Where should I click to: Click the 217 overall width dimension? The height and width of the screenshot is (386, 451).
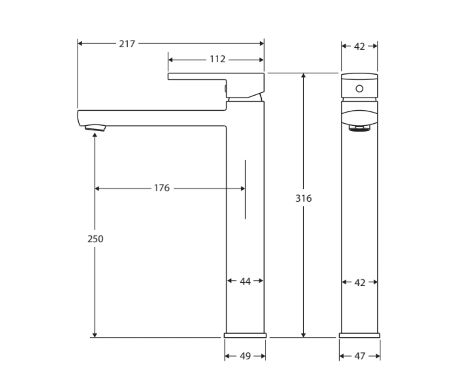click(127, 44)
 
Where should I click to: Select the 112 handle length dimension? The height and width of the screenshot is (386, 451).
click(218, 59)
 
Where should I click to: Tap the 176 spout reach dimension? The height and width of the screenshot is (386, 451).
click(161, 188)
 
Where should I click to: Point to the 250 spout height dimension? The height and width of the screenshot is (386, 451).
click(95, 239)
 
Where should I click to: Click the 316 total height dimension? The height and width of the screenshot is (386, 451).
click(304, 198)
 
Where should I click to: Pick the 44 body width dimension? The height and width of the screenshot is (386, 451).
click(245, 281)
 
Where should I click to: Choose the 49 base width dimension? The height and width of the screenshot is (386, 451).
click(245, 356)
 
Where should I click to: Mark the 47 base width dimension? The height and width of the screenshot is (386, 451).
click(359, 356)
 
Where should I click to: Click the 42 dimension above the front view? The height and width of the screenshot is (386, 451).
click(359, 46)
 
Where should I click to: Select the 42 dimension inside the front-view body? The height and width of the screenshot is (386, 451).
click(359, 283)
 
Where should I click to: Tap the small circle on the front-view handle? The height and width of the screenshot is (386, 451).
click(359, 88)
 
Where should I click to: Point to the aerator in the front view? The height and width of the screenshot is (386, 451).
click(359, 128)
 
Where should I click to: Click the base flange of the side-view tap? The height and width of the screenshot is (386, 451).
click(245, 335)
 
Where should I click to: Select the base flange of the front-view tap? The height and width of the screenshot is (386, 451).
click(359, 335)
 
